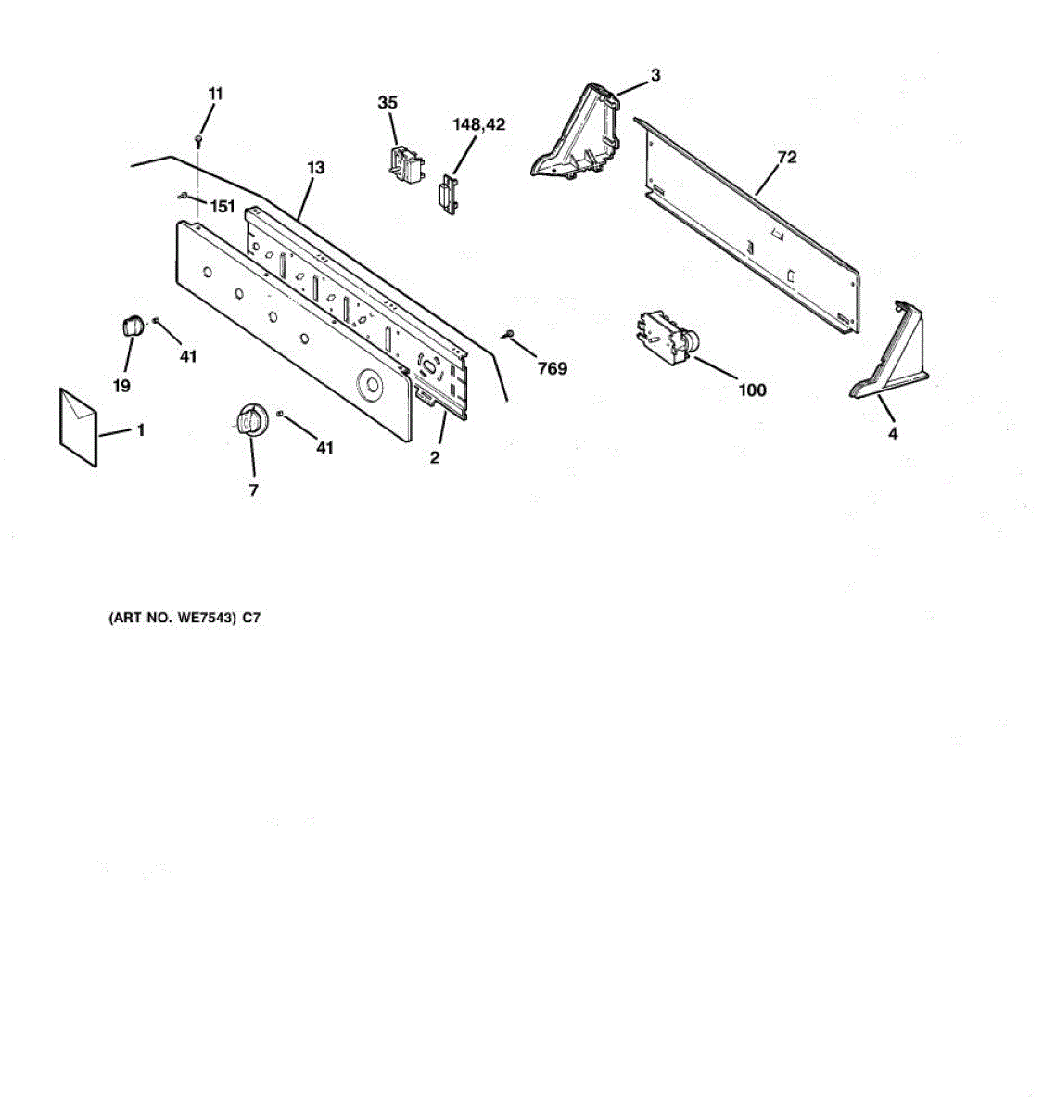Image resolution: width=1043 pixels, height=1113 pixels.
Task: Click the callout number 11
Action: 215,94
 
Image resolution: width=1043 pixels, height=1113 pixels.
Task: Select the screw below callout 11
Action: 198,139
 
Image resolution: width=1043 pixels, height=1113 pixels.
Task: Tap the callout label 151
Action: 223,207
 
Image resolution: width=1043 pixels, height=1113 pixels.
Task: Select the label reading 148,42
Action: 478,124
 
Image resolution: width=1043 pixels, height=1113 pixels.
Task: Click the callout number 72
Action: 786,158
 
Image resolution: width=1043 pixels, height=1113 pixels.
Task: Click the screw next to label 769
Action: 508,334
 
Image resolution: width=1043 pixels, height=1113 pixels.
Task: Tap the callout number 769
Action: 552,369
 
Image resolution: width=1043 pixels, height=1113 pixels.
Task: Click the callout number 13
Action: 316,168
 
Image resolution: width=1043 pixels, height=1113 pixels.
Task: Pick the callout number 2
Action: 434,457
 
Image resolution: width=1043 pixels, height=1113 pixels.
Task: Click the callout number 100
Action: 752,390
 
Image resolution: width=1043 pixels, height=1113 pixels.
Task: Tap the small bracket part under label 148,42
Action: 447,197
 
